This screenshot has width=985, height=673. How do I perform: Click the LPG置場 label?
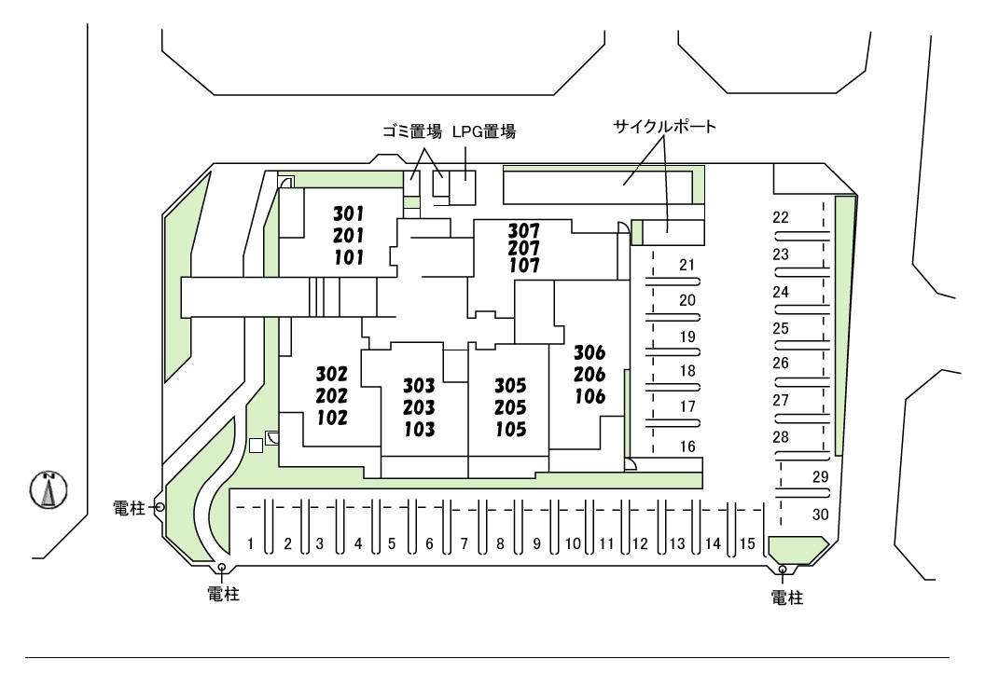(x=485, y=132)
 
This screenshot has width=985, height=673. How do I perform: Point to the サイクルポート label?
(x=664, y=127)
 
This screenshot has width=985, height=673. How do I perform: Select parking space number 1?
(x=251, y=543)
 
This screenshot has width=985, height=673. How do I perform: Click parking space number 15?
(x=747, y=543)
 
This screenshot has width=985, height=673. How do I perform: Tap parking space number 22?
(x=782, y=218)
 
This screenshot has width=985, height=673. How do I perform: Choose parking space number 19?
(x=687, y=336)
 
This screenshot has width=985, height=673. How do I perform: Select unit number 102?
(x=332, y=418)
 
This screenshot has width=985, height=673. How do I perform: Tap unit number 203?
(x=420, y=407)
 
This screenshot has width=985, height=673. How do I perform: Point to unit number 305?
(x=511, y=386)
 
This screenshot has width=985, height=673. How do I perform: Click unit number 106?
(x=590, y=397)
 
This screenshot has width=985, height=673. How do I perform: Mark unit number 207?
(x=524, y=247)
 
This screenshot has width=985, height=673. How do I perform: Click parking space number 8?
(x=500, y=543)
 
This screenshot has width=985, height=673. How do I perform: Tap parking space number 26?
(x=782, y=364)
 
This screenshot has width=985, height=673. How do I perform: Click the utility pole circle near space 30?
(x=782, y=570)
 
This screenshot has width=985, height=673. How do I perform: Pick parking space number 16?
(x=687, y=447)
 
